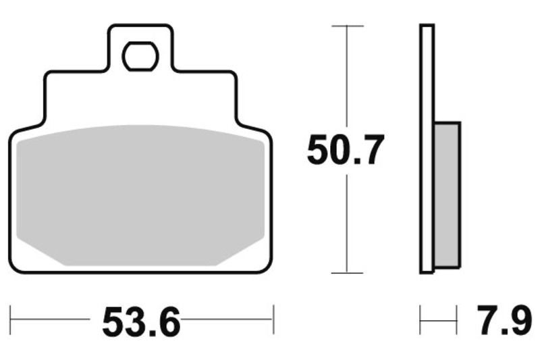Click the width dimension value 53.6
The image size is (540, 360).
pos(142,322)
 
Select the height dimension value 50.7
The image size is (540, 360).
pos(346,150)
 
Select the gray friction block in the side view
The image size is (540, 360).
pos(447,194)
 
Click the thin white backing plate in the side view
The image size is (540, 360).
pos(427,149)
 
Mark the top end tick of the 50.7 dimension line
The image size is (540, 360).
pos(347,26)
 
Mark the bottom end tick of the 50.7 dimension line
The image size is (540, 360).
pos(347,273)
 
